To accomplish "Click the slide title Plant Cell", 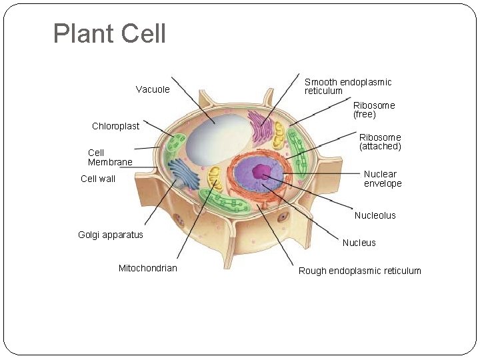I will click(109, 34).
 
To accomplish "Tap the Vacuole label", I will click(153, 89).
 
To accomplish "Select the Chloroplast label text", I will click(115, 126).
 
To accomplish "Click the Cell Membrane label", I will click(110, 157).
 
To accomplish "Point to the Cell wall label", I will click(98, 179).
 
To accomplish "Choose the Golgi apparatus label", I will click(111, 235).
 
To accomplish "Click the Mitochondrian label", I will click(148, 268).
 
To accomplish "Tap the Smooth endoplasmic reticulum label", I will click(347, 87).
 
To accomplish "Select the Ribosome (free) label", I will click(373, 110).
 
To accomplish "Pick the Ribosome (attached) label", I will click(380, 141).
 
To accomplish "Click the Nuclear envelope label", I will click(382, 179).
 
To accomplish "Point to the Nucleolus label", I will click(375, 215).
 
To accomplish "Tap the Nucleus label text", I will click(359, 243).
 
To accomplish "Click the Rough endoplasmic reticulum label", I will click(359, 271).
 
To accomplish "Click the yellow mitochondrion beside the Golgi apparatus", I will click(214, 178).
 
